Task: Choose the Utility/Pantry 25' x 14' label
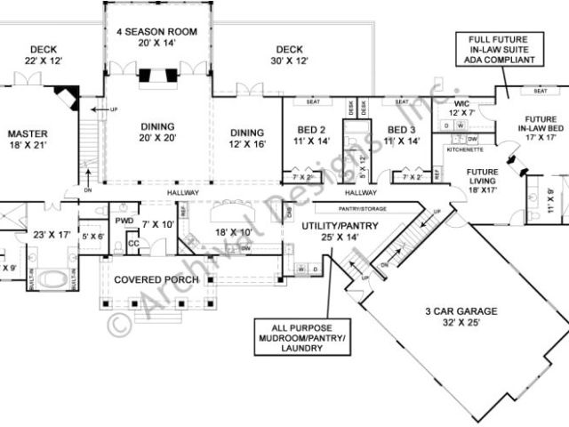(341, 231)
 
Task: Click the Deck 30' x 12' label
(290, 55)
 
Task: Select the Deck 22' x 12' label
(43, 55)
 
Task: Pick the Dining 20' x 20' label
(156, 132)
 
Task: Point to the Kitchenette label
(462, 150)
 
